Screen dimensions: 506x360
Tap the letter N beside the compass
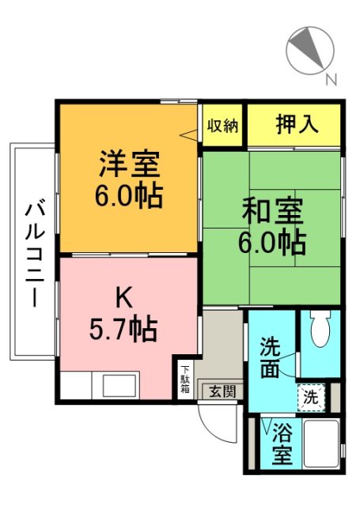[x=332, y=79]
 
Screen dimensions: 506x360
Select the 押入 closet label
[x=296, y=124]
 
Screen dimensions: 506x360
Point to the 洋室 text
[x=130, y=165]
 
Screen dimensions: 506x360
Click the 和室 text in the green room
[x=272, y=213]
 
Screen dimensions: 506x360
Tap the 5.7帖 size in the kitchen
[x=122, y=325]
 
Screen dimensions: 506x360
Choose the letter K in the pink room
[x=123, y=297]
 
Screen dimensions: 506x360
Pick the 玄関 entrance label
[x=218, y=390]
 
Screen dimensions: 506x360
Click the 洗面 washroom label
[x=271, y=358]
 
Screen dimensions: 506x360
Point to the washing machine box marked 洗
[x=311, y=398]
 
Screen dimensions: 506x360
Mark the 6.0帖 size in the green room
[x=272, y=242]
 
